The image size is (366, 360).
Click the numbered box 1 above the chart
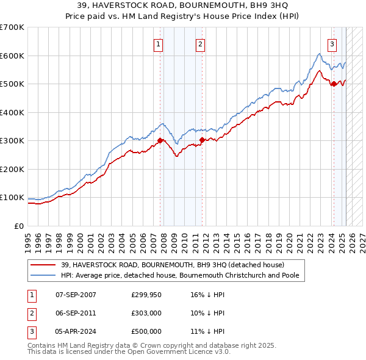158,43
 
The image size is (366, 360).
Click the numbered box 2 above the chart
200,43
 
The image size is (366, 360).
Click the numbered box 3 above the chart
332,43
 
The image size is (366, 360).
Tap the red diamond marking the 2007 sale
160,140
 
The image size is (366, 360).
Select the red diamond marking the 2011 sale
202,140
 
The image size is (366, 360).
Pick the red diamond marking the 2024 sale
334,84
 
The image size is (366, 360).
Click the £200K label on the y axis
12,169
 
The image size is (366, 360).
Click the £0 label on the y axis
18,226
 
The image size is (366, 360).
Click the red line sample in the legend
43,264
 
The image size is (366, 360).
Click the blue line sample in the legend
43,275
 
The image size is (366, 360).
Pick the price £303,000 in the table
146,313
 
